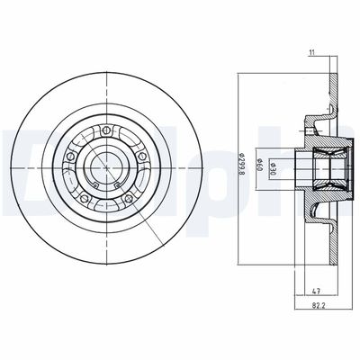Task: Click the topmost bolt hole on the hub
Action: click(107, 131)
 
